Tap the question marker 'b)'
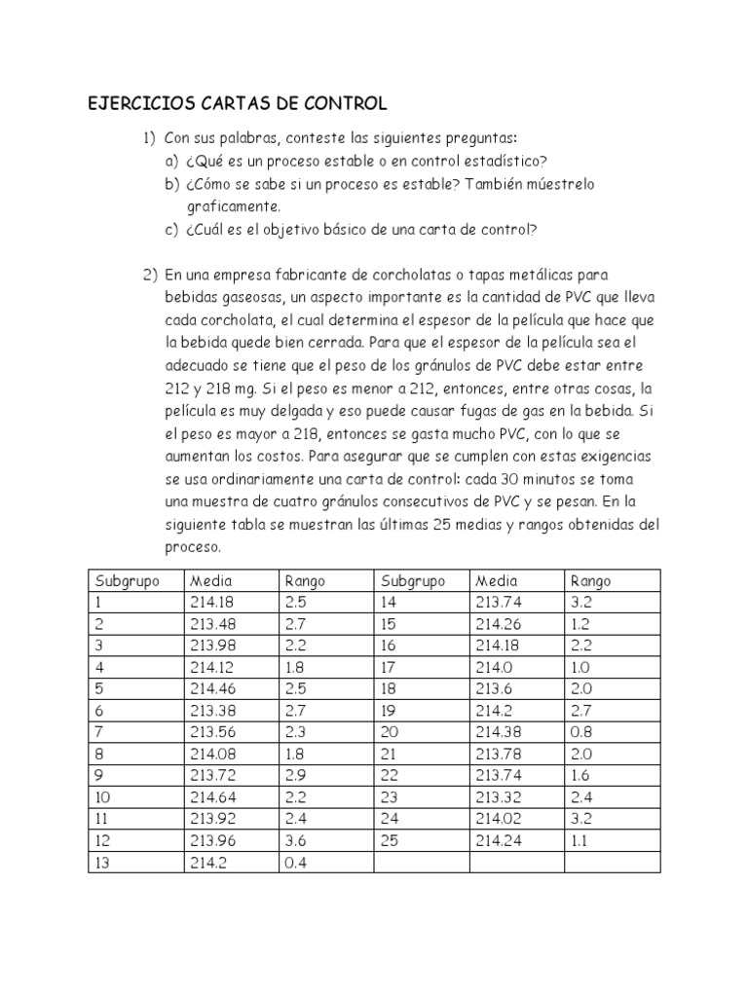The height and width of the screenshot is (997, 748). tap(171, 184)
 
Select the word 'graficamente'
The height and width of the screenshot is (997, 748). tap(233, 206)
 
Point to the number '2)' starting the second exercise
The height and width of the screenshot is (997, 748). tap(152, 276)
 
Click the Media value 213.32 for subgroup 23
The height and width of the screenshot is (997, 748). tap(498, 796)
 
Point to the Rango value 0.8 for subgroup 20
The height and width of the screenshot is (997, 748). tap(581, 731)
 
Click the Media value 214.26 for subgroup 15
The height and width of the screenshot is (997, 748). tap(498, 624)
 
